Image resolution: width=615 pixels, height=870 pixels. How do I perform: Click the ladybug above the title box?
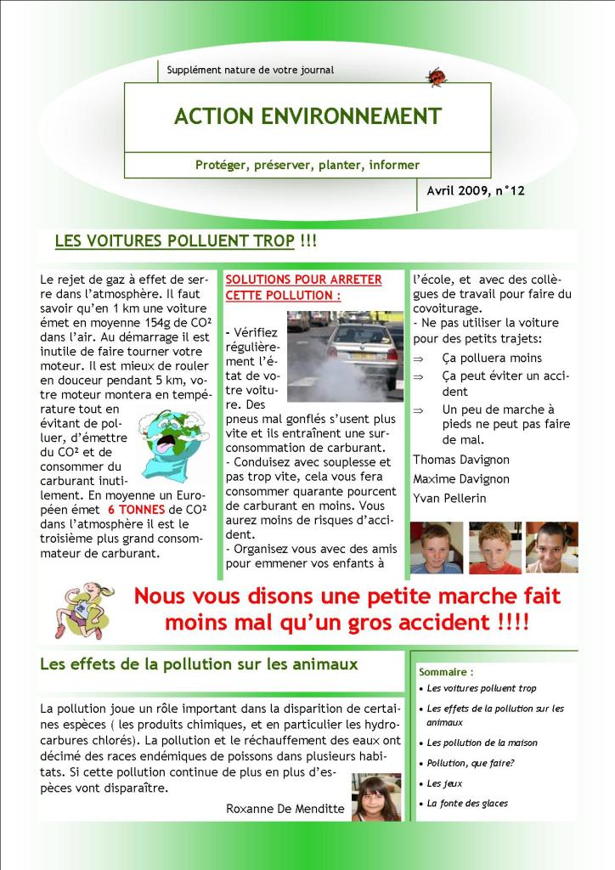(x=436, y=77)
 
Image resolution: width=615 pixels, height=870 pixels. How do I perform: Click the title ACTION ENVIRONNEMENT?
(x=307, y=116)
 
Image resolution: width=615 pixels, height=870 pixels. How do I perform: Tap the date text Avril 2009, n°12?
(x=476, y=191)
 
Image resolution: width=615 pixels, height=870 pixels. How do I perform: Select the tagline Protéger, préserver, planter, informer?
(x=307, y=165)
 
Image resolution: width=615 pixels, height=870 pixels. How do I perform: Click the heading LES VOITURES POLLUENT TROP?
(x=174, y=241)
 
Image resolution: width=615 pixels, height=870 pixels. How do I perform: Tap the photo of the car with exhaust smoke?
(x=345, y=355)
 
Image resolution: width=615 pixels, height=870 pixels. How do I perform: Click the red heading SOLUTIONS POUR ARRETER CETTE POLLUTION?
(x=303, y=287)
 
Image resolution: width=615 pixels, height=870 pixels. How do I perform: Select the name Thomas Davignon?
(x=461, y=460)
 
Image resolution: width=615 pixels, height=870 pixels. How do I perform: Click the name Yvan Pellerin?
(x=449, y=498)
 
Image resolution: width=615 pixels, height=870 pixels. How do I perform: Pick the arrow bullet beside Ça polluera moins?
(x=418, y=359)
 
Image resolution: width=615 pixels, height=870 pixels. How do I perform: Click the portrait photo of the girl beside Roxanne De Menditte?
(x=376, y=797)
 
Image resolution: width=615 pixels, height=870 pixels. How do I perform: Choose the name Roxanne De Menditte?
(x=285, y=809)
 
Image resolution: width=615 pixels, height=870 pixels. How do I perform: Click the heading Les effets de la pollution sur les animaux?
(x=199, y=664)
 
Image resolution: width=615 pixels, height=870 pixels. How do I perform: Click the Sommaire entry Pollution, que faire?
(x=471, y=763)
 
